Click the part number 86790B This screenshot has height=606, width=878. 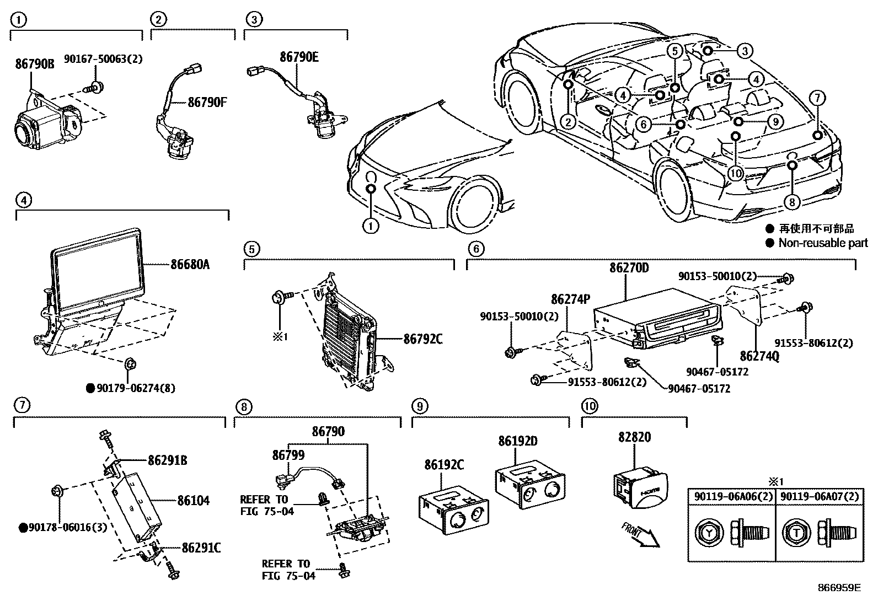(x=34, y=64)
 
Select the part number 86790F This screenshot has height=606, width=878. (x=207, y=102)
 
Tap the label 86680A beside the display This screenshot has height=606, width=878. (x=190, y=265)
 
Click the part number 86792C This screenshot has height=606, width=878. (x=422, y=339)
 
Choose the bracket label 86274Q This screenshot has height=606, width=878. (x=760, y=357)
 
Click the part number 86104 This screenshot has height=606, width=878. (x=193, y=501)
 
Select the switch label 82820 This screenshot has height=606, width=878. (x=634, y=437)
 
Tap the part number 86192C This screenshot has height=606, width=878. (x=444, y=465)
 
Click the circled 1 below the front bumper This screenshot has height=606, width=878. (x=371, y=226)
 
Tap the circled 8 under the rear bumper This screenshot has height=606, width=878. (x=791, y=202)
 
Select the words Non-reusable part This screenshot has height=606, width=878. (x=823, y=243)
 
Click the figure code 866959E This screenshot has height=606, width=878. (x=838, y=588)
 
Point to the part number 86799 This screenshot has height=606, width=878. (x=288, y=455)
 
